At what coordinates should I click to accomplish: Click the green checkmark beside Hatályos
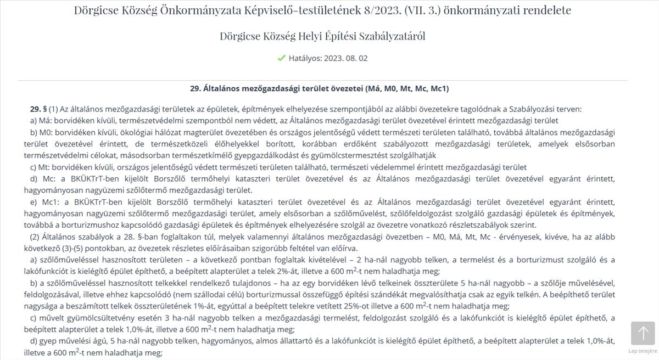tap(281, 58)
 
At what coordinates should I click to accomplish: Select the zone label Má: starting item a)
tap(44, 120)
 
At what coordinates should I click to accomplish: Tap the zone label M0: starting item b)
tap(44, 132)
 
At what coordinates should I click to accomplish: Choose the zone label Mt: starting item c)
tap(44, 167)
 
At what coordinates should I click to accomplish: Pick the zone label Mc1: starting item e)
tap(48, 201)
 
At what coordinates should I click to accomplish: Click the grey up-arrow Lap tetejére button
tap(643, 333)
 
